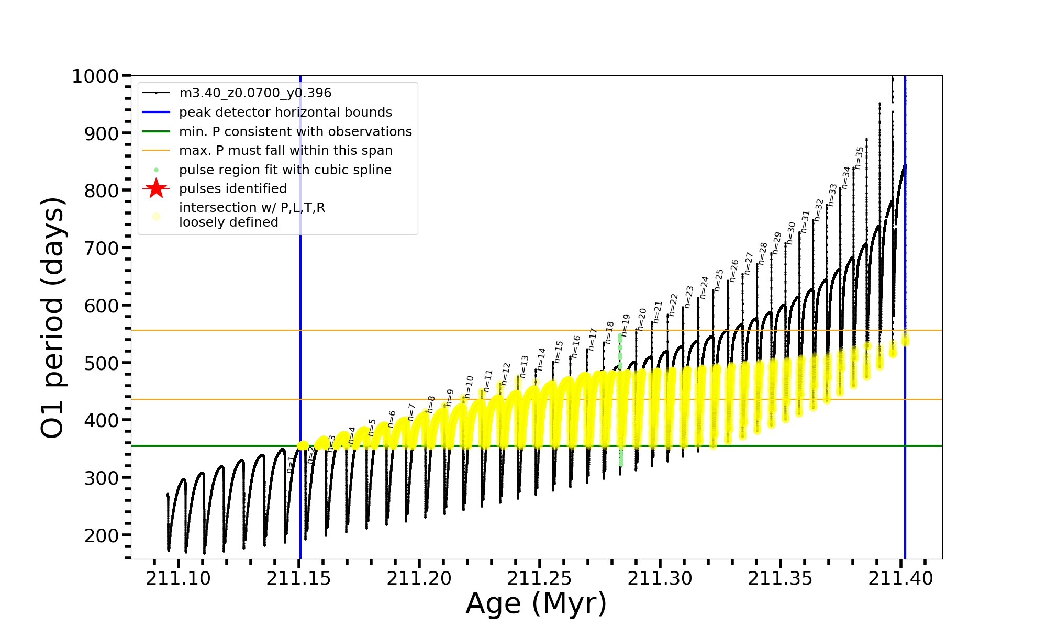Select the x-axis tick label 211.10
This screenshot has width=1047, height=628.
coord(178,578)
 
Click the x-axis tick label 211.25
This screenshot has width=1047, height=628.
coord(539,578)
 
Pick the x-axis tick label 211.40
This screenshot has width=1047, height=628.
coord(900,578)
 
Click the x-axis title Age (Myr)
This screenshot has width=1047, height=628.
coord(536,603)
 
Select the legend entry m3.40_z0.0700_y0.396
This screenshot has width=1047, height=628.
coord(255,93)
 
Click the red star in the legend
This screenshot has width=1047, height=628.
coord(156,189)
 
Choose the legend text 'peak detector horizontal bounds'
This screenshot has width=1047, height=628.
coord(285,113)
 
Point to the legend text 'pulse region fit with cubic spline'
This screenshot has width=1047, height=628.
coord(285,170)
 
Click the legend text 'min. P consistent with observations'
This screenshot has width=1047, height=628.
coord(295,132)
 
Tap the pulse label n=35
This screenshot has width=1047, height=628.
coord(859,158)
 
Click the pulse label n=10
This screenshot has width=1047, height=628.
coord(469,387)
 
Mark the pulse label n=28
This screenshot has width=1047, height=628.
coord(763,253)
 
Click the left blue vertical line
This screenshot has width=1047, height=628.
coord(300,314)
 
